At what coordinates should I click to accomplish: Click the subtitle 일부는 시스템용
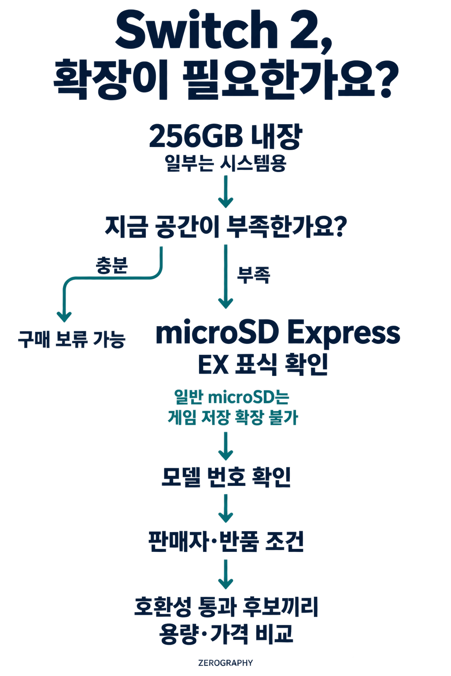[x=225, y=164]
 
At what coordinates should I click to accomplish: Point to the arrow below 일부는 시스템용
[x=225, y=191]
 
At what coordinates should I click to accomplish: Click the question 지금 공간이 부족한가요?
[x=225, y=227]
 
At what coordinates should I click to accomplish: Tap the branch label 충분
[x=112, y=265]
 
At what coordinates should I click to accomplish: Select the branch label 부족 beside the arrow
[x=253, y=275]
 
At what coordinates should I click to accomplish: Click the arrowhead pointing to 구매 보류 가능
[x=64, y=317]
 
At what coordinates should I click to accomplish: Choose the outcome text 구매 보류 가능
[x=72, y=339]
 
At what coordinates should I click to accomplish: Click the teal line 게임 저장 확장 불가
[x=233, y=417]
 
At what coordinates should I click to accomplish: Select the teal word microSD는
[x=248, y=397]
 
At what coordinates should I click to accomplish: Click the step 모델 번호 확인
[x=226, y=477]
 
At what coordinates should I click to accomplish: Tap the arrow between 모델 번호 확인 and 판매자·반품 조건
[x=225, y=508]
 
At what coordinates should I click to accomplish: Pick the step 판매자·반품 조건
[x=226, y=542]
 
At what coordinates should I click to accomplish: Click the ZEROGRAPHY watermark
[x=225, y=663]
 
